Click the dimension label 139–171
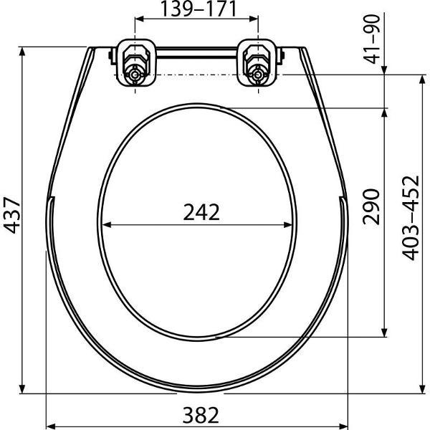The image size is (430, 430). (198, 9)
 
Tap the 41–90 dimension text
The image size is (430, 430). (372, 39)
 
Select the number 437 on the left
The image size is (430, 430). (11, 215)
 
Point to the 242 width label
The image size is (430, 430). (201, 212)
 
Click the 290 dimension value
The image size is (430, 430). (371, 206)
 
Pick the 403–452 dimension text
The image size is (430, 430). (411, 218)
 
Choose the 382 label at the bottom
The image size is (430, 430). (201, 415)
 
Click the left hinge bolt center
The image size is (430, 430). (135, 75)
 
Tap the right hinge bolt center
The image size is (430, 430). (257, 75)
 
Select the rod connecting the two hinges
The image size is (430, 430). (196, 52)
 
